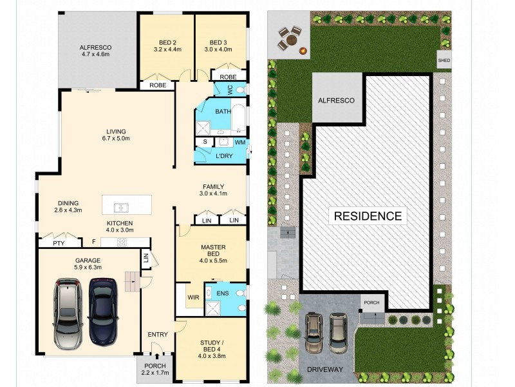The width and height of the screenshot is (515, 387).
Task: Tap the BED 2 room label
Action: point(166,40)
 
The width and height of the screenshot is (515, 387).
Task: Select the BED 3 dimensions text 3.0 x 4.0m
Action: point(219,48)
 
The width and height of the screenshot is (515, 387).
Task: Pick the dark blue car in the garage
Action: point(102,311)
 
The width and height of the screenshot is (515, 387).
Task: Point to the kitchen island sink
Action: point(121,208)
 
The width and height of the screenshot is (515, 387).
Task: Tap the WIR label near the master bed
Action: point(192,297)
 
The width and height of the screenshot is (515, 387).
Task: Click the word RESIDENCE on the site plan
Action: point(368,215)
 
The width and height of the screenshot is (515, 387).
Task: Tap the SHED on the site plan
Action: point(444,61)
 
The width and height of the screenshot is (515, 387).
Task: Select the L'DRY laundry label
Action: point(223,156)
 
